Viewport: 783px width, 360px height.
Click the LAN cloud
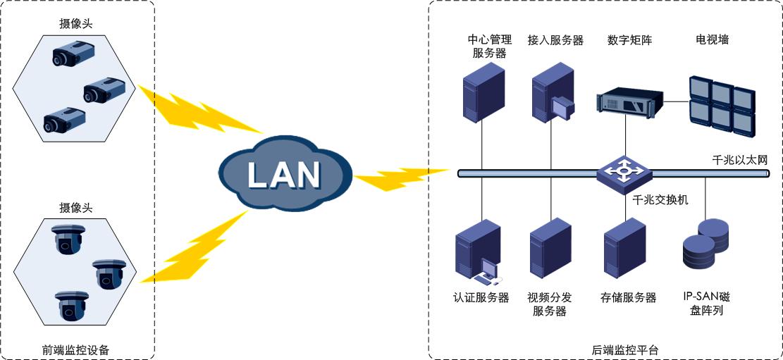tap(284, 174)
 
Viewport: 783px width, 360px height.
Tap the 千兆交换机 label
tap(660, 200)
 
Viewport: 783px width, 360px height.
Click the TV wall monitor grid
tap(721, 106)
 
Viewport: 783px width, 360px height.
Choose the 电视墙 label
tap(712, 40)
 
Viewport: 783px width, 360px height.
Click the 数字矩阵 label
tap(629, 40)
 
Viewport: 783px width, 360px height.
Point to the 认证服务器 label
tap(481, 298)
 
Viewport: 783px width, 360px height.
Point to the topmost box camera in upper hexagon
tap(69, 55)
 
